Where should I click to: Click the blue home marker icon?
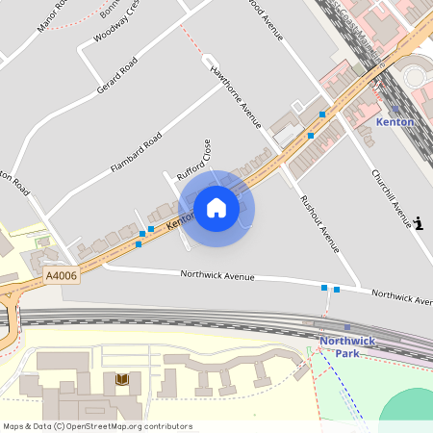pyautogui.click(x=216, y=207)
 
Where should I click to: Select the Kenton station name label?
pyautogui.click(x=395, y=122)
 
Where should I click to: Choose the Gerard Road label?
pyautogui.click(x=117, y=75)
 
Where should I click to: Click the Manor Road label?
pyautogui.click(x=52, y=13)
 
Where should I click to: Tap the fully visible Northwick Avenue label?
pyautogui.click(x=217, y=276)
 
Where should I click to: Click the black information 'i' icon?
pyautogui.click(x=419, y=223)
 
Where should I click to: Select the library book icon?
pyautogui.click(x=121, y=380)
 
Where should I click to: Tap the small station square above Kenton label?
pyautogui.click(x=395, y=109)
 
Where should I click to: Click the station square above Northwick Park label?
pyautogui.click(x=347, y=328)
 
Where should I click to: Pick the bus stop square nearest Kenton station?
pyautogui.click(x=322, y=115)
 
